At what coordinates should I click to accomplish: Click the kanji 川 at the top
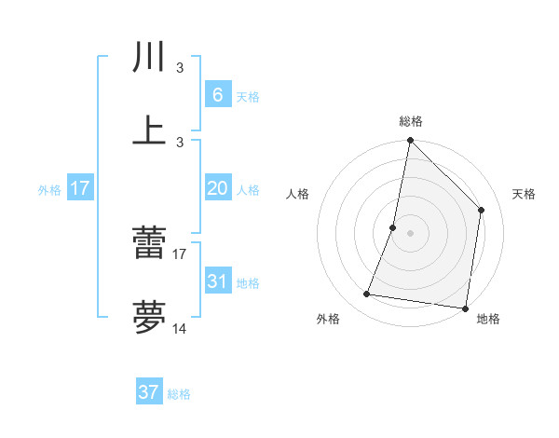(x=149, y=58)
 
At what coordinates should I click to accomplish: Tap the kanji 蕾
(x=149, y=245)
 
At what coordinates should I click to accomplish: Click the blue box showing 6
(x=217, y=95)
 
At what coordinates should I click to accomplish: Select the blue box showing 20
(x=217, y=188)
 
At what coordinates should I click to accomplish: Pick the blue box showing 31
(x=217, y=281)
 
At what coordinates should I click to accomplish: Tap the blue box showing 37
(x=149, y=392)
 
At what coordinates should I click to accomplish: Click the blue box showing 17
(x=80, y=188)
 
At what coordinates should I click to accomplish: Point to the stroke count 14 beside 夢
(x=180, y=329)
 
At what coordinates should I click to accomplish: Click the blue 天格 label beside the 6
(x=248, y=97)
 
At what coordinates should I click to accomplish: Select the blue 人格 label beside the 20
(x=248, y=190)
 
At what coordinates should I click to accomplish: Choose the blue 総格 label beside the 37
(x=180, y=394)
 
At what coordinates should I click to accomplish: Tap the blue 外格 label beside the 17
(x=49, y=190)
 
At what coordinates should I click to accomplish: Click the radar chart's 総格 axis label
(x=411, y=121)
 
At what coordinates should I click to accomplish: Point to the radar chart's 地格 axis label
(x=488, y=319)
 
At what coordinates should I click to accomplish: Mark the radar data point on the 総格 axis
(x=410, y=142)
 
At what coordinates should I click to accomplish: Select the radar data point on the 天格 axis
(x=482, y=210)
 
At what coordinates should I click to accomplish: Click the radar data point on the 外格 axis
(x=367, y=294)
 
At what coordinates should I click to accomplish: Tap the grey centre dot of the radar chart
(x=410, y=233)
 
